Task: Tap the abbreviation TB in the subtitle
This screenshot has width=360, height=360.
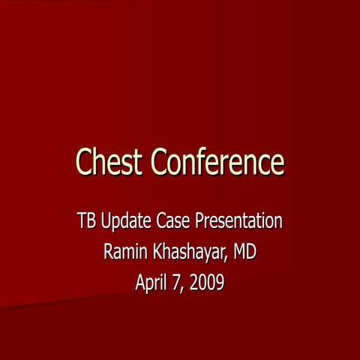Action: click(x=85, y=222)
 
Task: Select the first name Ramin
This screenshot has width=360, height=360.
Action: click(x=124, y=253)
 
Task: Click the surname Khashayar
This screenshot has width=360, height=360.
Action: click(x=189, y=253)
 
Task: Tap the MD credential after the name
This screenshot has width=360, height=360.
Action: click(x=244, y=253)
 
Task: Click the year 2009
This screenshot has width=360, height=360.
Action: click(x=208, y=283)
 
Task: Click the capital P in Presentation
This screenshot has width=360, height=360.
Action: click(x=199, y=222)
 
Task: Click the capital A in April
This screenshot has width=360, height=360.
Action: click(x=140, y=283)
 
